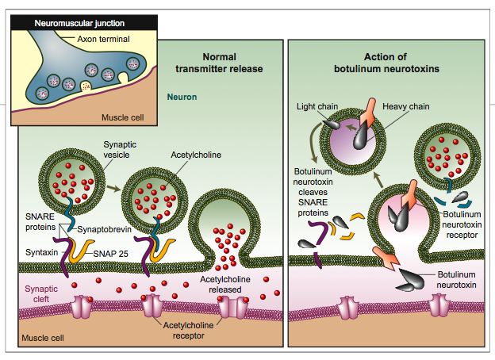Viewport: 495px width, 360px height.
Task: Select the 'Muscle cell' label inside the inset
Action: (122, 118)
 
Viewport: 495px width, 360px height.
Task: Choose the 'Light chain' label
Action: (314, 105)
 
